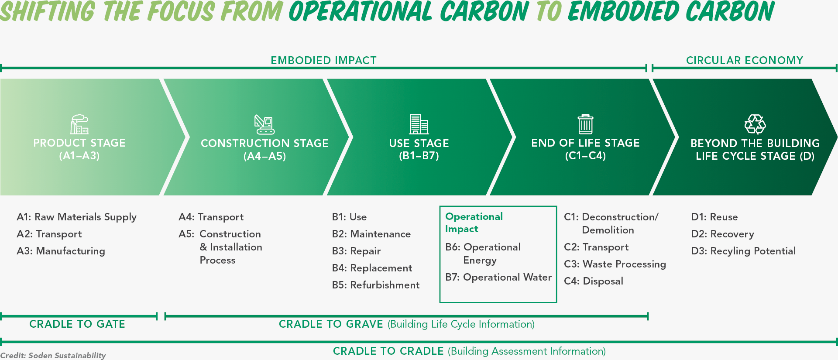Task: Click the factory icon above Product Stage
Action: [79, 124]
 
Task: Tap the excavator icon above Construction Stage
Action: [264, 124]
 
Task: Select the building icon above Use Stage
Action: [419, 124]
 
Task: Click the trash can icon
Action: [585, 124]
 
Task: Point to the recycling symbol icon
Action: [755, 124]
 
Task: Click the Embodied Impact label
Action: [323, 60]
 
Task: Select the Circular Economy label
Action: [745, 60]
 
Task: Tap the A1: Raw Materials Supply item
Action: [77, 217]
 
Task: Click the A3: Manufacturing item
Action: [61, 251]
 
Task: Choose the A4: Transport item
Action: [211, 217]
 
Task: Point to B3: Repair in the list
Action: [356, 251]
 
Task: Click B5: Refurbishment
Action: [376, 285]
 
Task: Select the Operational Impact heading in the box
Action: [474, 223]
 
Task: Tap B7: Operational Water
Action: [498, 278]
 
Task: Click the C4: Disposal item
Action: [594, 281]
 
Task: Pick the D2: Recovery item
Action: [723, 234]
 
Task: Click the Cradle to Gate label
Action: [77, 324]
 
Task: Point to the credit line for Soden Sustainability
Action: [53, 355]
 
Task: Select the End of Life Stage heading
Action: [585, 143]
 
